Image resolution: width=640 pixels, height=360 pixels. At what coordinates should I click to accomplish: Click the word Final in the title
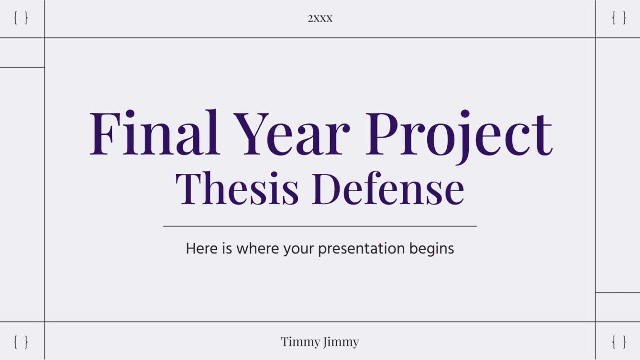point(154,133)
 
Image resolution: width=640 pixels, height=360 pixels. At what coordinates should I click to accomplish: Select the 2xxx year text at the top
point(320,19)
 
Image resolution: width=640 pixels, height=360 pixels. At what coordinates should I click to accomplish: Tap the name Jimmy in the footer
point(342,342)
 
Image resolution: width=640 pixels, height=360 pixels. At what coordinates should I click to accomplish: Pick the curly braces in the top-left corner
point(21,19)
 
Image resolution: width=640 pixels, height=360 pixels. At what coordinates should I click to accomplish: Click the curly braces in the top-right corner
point(619,19)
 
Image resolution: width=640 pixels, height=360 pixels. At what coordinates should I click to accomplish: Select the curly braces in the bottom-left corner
point(21,342)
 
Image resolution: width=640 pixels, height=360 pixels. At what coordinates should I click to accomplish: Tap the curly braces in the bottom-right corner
point(619,342)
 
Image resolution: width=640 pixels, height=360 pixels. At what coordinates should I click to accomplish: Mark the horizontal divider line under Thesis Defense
point(320,226)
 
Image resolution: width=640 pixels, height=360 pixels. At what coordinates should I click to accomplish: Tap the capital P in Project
point(385,133)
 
